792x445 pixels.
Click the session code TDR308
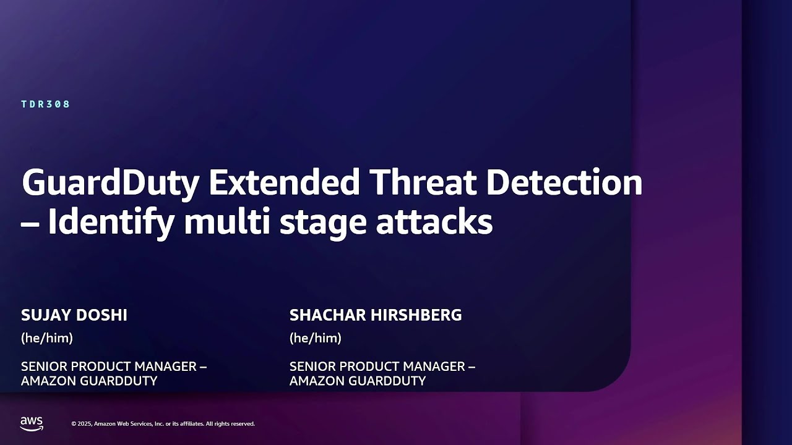[x=46, y=104]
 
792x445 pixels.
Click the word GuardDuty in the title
[x=110, y=184]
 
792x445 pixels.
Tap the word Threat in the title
[x=423, y=182]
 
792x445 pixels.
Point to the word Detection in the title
[x=564, y=182]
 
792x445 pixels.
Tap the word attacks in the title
[x=434, y=221]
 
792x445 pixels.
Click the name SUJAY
[x=46, y=315]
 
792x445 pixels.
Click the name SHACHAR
[x=327, y=315]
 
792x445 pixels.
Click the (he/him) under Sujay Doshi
[x=47, y=338]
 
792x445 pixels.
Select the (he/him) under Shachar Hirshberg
[x=316, y=338]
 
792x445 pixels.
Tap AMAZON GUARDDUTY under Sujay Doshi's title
[x=89, y=381]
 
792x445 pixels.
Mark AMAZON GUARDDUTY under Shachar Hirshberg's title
[x=358, y=381]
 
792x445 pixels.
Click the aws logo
[x=32, y=424]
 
